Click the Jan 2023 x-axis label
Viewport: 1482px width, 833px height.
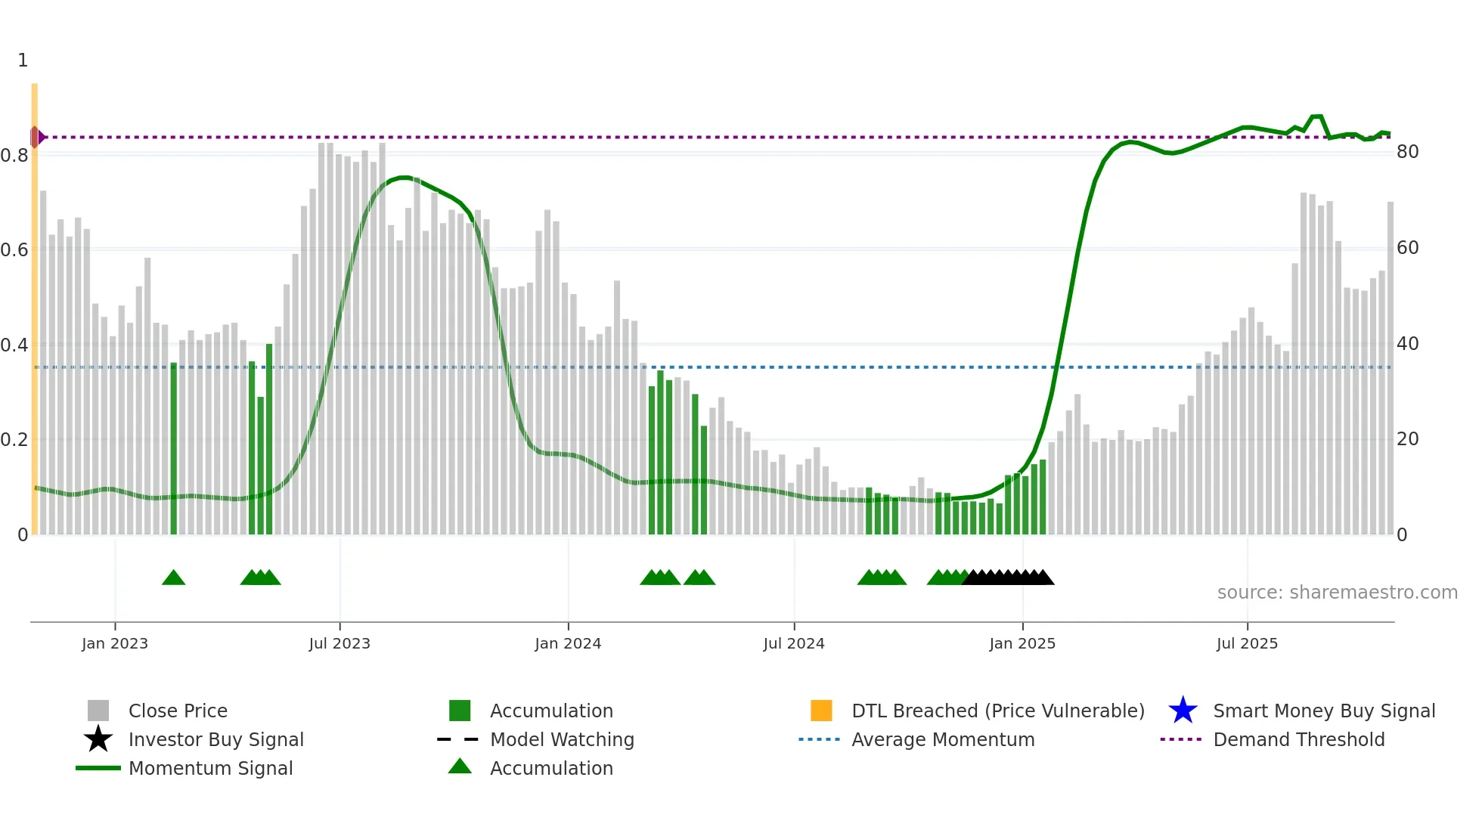(115, 643)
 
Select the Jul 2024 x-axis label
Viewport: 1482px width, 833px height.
(794, 643)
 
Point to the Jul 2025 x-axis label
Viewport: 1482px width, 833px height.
(1247, 643)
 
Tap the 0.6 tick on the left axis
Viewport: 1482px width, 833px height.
(14, 249)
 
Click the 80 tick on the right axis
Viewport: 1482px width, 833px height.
(1407, 152)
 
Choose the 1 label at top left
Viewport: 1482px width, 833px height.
(23, 60)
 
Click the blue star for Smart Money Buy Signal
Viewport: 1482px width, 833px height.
(1183, 711)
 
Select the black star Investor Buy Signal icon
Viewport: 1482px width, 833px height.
(98, 739)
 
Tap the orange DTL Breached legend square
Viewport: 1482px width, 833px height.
(821, 711)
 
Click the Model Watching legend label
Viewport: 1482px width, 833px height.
(562, 739)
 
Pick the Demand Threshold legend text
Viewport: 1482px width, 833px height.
(1298, 739)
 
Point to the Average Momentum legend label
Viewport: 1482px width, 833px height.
(943, 739)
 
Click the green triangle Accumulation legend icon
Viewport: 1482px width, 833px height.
(460, 766)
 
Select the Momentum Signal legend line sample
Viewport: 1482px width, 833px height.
(98, 768)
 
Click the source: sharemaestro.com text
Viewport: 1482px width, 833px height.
(1337, 592)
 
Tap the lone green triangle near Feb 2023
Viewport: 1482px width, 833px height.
(173, 578)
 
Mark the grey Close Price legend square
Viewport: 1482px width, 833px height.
(98, 711)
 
